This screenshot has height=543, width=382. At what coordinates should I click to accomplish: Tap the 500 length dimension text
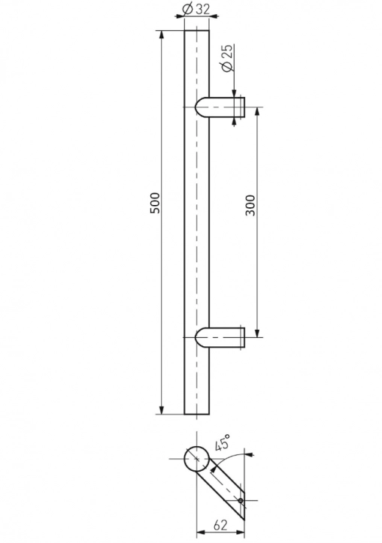[155, 204]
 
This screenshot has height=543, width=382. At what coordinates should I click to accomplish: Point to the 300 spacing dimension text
[250, 204]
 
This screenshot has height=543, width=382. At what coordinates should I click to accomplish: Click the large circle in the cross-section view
[196, 459]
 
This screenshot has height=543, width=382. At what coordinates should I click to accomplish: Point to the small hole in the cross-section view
[240, 501]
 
